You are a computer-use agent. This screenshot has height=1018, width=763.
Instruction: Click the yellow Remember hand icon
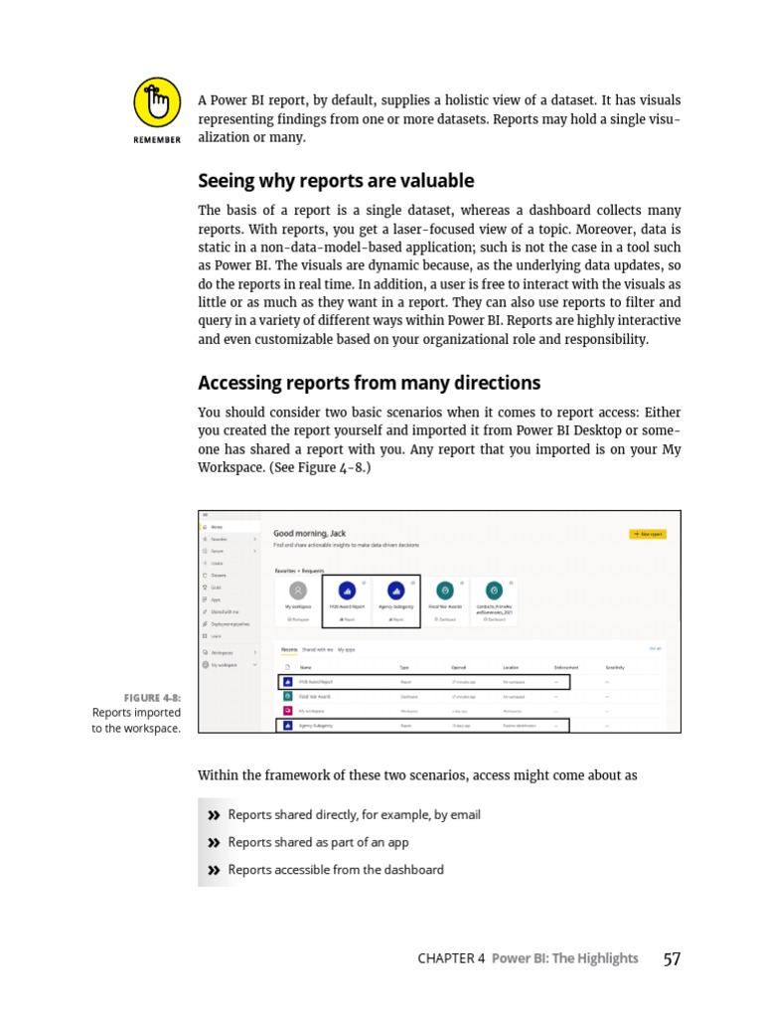157,103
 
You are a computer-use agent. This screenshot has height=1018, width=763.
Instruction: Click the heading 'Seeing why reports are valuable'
336,181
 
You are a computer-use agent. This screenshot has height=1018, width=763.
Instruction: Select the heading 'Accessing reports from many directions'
369,383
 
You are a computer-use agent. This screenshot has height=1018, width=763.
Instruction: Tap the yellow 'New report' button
648,534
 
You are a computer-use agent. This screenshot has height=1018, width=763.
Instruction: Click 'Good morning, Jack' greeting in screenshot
309,534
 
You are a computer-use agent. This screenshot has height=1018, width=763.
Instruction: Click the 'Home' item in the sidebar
217,527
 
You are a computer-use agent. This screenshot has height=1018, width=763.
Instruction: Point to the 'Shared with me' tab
318,649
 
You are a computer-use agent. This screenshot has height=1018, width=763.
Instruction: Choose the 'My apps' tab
347,649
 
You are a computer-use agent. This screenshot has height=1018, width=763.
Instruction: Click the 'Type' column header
404,667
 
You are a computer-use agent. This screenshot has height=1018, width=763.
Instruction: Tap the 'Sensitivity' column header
614,667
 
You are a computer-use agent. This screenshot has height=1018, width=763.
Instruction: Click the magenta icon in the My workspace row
288,711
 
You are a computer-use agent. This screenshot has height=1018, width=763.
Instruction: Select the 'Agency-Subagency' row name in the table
314,726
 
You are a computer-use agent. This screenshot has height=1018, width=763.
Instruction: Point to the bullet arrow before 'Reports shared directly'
213,815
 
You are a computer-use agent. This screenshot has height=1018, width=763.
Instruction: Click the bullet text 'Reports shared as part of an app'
318,842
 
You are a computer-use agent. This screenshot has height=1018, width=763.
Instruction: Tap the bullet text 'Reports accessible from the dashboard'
336,870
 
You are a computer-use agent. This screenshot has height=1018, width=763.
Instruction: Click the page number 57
672,958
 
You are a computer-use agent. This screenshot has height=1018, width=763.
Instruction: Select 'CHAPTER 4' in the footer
451,958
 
